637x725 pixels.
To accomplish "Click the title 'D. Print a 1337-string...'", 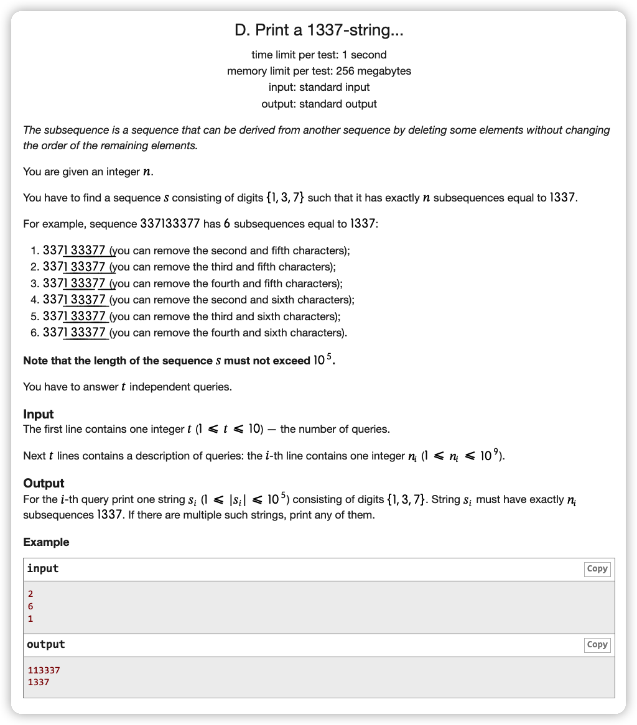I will (318, 30).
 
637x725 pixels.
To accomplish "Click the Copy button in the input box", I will (597, 569).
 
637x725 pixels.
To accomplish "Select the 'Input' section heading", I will (39, 414).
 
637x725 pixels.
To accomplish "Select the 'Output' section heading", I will (44, 483).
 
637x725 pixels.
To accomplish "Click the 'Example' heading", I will (46, 542).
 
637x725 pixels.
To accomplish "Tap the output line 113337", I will (44, 670).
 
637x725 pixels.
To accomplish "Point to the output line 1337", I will (39, 682).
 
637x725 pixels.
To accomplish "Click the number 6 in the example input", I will (30, 606).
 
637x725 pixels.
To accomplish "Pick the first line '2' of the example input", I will (30, 594).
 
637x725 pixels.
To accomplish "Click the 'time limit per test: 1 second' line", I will (318, 55).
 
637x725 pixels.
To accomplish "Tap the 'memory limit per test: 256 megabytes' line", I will (318, 71).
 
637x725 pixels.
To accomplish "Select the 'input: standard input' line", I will (318, 87).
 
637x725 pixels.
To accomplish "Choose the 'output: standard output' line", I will (318, 104).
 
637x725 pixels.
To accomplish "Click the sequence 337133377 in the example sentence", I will (170, 224).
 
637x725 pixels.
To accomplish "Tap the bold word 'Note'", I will (35, 361).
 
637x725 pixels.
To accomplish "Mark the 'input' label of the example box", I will (43, 569).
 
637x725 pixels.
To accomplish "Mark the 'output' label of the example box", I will (45, 645).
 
